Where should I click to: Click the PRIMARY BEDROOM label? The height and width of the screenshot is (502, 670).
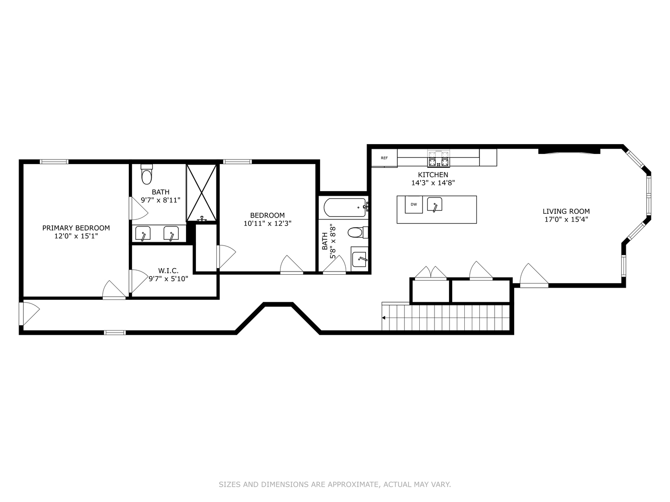[76, 228]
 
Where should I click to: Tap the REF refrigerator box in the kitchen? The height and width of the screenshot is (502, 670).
[384, 158]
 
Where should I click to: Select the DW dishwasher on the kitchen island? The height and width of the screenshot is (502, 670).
[414, 205]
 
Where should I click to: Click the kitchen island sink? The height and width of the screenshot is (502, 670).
[435, 205]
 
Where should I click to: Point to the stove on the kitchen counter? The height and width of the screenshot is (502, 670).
[439, 159]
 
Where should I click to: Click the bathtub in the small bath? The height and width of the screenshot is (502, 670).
[344, 207]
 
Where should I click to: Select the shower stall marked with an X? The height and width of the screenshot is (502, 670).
[201, 192]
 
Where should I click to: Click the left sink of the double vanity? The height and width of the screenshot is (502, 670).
[143, 234]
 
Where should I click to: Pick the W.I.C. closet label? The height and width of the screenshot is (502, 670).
[168, 271]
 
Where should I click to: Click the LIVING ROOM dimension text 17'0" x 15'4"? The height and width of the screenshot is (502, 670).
[566, 219]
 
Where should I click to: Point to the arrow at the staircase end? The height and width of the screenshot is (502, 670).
[384, 318]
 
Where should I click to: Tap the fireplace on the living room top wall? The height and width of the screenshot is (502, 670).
[569, 151]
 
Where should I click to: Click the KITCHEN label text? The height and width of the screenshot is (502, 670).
[433, 175]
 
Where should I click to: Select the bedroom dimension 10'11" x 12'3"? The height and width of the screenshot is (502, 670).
[268, 223]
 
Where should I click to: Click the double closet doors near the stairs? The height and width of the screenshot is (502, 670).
[431, 274]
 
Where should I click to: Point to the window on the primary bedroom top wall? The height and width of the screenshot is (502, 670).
[54, 162]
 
